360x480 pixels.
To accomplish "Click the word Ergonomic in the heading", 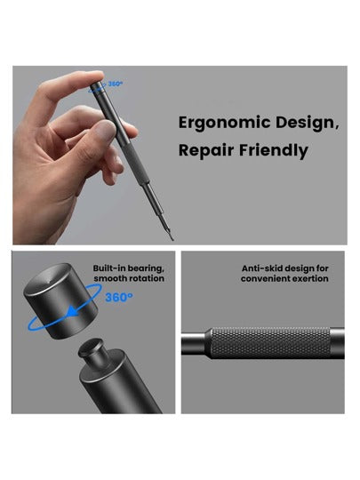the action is pyautogui.click(x=224, y=124).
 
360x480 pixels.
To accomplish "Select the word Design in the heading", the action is pyautogui.click(x=307, y=123).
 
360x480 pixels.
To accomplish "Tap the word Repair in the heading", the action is pyautogui.click(x=206, y=150).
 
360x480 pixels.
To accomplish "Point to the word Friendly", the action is pyautogui.click(x=274, y=151).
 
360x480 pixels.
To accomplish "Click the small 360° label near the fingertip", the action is pyautogui.click(x=116, y=84).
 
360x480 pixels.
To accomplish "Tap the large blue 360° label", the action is pyautogui.click(x=119, y=297).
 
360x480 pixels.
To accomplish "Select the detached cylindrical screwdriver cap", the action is pyautogui.click(x=60, y=301).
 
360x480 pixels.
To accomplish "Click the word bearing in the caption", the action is pyautogui.click(x=146, y=268).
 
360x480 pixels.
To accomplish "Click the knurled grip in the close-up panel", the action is pyautogui.click(x=270, y=343).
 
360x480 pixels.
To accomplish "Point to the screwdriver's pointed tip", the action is pyautogui.click(x=172, y=239).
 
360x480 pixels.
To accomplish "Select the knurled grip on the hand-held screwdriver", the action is pyautogui.click(x=133, y=164).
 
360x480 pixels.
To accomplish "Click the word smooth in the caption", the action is pyautogui.click(x=108, y=278).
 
